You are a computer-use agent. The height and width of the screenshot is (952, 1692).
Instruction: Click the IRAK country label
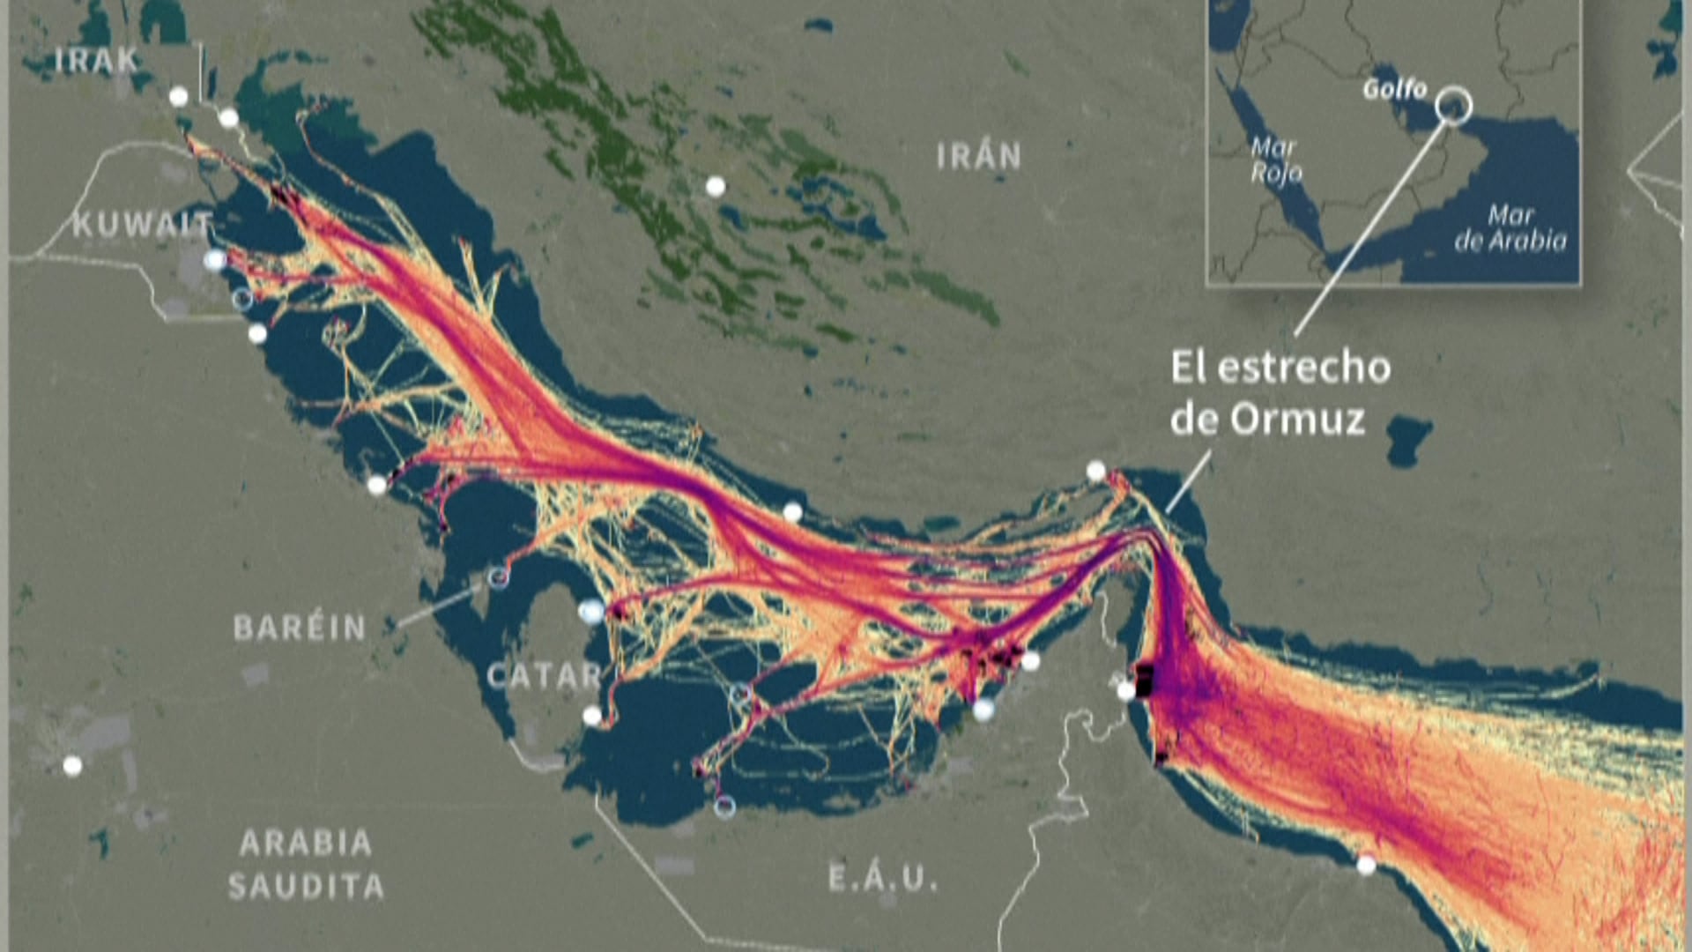click(96, 60)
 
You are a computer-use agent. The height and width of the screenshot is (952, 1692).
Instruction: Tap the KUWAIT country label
click(142, 225)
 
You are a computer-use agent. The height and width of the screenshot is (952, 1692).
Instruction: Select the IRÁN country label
click(978, 157)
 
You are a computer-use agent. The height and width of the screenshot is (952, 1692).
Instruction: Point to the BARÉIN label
click(300, 628)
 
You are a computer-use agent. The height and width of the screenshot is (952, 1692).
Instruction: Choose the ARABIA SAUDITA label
click(306, 865)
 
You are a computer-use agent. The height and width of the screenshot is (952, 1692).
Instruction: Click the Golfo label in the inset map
click(1395, 89)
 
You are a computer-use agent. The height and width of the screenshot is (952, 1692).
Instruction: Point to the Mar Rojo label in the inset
click(1275, 160)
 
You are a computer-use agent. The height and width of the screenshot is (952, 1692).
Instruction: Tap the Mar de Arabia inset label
click(1510, 227)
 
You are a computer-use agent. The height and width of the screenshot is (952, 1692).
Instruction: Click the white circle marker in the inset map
click(1453, 105)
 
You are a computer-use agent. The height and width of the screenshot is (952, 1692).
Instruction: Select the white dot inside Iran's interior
click(716, 186)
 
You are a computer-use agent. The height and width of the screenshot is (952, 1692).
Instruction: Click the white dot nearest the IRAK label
click(179, 96)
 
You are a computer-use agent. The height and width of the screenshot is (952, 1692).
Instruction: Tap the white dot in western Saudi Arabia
click(72, 765)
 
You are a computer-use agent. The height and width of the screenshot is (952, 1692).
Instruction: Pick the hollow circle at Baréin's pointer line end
click(498, 577)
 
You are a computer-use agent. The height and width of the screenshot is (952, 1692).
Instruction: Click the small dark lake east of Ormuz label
click(1407, 440)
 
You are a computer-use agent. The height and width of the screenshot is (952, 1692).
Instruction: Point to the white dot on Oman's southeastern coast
click(1366, 865)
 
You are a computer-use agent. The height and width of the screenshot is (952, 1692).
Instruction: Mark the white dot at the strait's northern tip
click(1095, 471)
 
